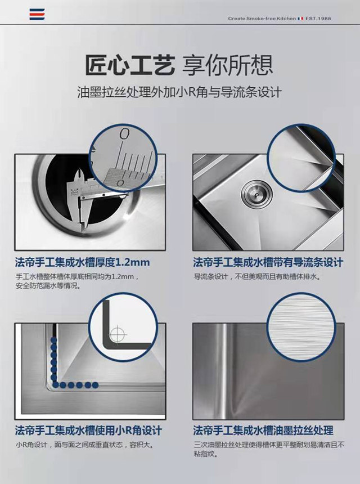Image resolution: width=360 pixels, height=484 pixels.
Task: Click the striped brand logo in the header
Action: pyautogui.click(x=37, y=15)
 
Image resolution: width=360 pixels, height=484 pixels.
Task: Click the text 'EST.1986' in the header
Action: pyautogui.click(x=318, y=19)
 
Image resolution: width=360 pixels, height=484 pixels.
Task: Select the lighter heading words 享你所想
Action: pyautogui.click(x=228, y=65)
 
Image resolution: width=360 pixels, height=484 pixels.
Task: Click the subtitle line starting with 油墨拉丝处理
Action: pyautogui.click(x=179, y=92)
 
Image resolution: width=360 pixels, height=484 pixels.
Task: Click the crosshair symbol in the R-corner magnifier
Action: pyautogui.click(x=118, y=333)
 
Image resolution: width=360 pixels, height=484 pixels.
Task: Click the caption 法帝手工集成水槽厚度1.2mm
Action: pyautogui.click(x=82, y=262)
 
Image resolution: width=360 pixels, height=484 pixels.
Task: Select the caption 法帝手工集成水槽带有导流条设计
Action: pyautogui.click(x=268, y=262)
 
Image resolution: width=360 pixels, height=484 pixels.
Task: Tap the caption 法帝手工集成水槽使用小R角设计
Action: pyautogui.click(x=84, y=431)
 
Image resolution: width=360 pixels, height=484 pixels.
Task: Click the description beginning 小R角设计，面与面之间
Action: pyautogui.click(x=84, y=445)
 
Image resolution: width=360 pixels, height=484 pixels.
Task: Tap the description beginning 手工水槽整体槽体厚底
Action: pyautogui.click(x=76, y=281)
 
